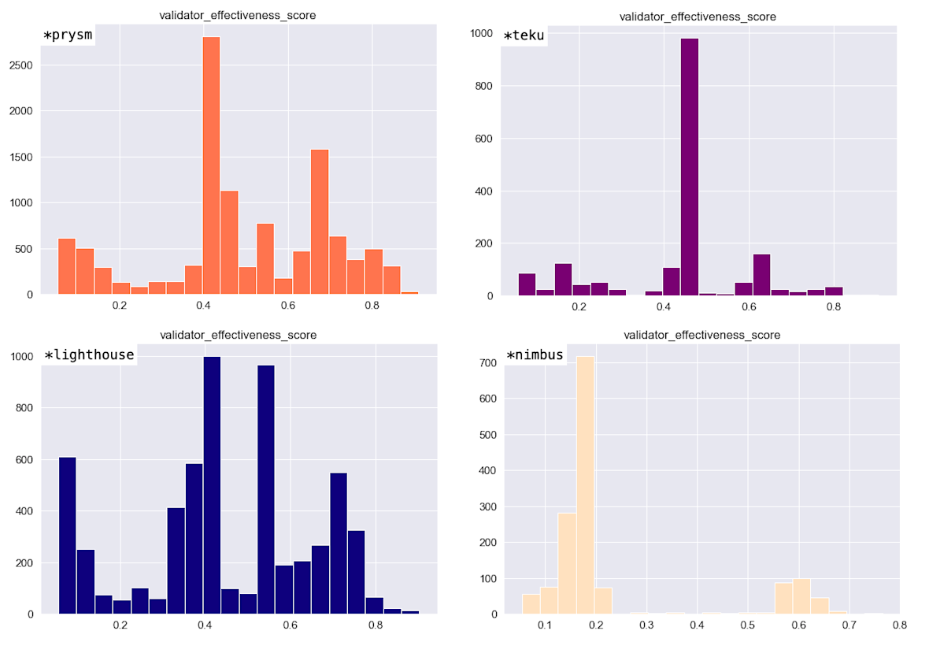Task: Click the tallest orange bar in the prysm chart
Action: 211,165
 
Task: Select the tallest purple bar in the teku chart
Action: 690,167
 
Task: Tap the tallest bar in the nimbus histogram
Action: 584,485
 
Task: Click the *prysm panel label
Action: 68,36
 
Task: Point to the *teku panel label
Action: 524,36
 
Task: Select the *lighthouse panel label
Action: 88,355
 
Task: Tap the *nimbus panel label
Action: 535,355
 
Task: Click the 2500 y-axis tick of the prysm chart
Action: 21,65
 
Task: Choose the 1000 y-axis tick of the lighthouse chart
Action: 21,356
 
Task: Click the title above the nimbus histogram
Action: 701,335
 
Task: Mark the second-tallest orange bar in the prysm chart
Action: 319,221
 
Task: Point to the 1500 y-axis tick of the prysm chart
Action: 21,157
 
